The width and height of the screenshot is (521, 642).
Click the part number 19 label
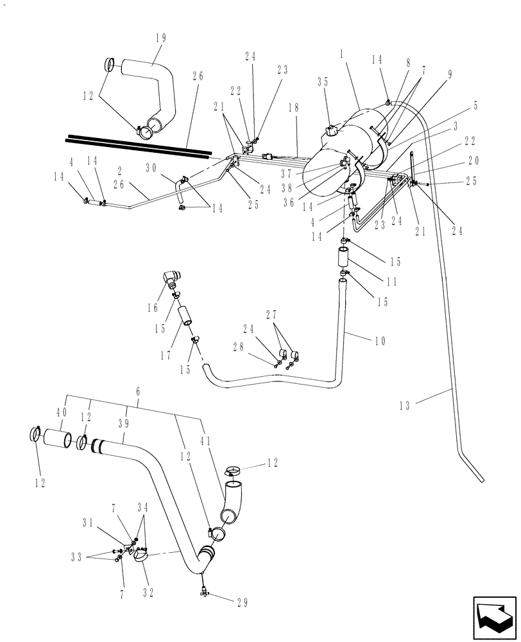click(160, 37)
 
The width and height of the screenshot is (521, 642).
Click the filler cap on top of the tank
click(332, 130)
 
